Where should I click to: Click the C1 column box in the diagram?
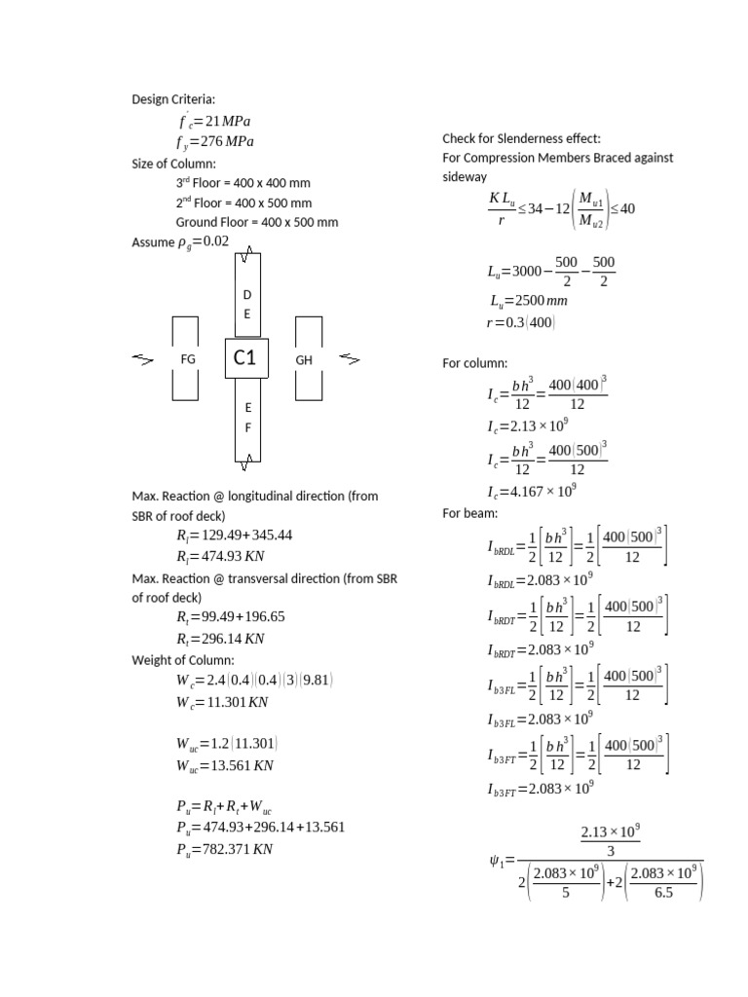point(245,359)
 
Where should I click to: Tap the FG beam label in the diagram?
point(188,359)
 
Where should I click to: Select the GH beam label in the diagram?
point(304,359)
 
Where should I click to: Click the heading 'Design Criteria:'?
point(175,99)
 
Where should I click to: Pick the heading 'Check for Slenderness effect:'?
point(521,138)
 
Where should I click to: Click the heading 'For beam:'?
point(470,513)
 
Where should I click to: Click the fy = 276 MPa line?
point(215,142)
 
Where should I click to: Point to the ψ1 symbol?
point(496,860)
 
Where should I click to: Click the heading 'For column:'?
point(475,364)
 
